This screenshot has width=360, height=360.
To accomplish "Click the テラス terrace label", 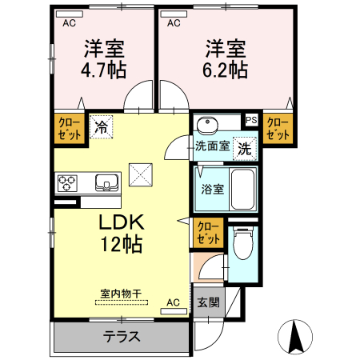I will [122, 336].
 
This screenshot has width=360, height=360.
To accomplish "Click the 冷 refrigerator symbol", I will [102, 126].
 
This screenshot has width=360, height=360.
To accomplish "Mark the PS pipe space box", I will [251, 121].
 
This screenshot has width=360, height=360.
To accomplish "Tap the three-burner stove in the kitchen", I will [66, 183].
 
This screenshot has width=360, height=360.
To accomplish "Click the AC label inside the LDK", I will [173, 302].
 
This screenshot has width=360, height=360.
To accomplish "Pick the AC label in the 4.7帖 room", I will [70, 23].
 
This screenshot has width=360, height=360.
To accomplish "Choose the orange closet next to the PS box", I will [277, 127].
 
